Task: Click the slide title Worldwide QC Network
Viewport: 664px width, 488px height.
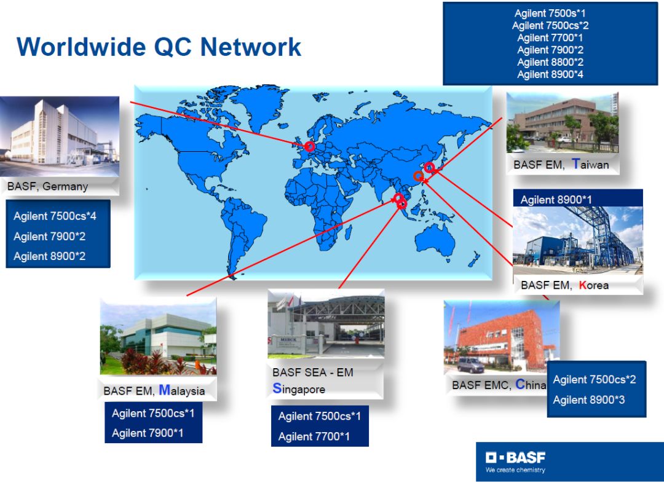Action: coord(159,47)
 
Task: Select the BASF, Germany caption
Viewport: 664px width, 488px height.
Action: coord(47,186)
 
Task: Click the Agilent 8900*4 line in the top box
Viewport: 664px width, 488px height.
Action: coord(550,74)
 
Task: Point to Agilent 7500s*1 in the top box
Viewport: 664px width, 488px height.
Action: coord(550,13)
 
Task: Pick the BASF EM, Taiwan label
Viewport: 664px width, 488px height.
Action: coord(561,164)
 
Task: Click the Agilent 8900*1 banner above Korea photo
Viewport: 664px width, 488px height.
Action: coord(556,200)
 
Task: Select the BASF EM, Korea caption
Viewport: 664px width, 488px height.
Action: coord(564,285)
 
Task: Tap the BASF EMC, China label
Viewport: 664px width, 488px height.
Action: coord(499,385)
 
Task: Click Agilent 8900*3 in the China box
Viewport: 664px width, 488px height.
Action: coord(588,400)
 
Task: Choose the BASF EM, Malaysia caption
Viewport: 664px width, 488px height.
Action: coord(154,390)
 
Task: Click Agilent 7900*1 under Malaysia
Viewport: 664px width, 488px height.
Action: coord(148,433)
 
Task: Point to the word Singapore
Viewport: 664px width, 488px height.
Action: coord(299,388)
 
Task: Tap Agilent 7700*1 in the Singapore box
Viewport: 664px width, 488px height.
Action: coord(314,436)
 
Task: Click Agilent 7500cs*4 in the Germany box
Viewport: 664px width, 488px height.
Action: coord(55,216)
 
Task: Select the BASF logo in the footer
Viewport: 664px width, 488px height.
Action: coord(515,457)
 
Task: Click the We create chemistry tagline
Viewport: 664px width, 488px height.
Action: coord(515,470)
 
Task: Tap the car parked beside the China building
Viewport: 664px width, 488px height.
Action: coord(470,365)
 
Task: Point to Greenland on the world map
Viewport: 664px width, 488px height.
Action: coord(253,106)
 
